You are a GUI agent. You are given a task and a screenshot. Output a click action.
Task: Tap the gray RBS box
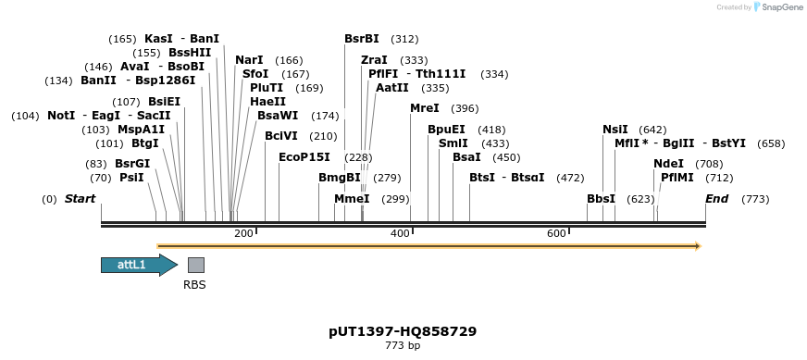[195, 266]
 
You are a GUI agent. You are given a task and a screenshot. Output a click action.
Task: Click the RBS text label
[194, 285]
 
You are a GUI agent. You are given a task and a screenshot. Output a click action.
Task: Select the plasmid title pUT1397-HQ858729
[403, 331]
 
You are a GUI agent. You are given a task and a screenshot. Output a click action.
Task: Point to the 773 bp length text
[403, 346]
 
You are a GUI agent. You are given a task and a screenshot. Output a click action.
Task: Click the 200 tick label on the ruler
[243, 234]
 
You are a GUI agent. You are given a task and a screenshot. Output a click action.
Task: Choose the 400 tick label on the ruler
[400, 234]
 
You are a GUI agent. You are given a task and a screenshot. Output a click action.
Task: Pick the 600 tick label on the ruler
[556, 234]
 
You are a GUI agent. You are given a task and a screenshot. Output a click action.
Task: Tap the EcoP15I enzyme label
[304, 157]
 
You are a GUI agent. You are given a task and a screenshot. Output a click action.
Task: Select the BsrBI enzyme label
[362, 39]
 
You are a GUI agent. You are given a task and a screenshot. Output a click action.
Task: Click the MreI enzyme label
[425, 108]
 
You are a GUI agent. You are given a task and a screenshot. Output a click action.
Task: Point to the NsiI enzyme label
[615, 130]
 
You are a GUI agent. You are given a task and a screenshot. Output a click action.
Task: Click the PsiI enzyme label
[131, 178]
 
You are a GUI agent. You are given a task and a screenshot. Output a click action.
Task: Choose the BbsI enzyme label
[601, 199]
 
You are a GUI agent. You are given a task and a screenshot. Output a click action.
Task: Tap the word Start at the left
[80, 199]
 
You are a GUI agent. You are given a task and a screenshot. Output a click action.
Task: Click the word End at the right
[716, 199]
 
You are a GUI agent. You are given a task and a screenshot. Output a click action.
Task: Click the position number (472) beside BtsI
[570, 178]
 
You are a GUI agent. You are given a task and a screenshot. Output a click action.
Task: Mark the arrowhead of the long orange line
[698, 246]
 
